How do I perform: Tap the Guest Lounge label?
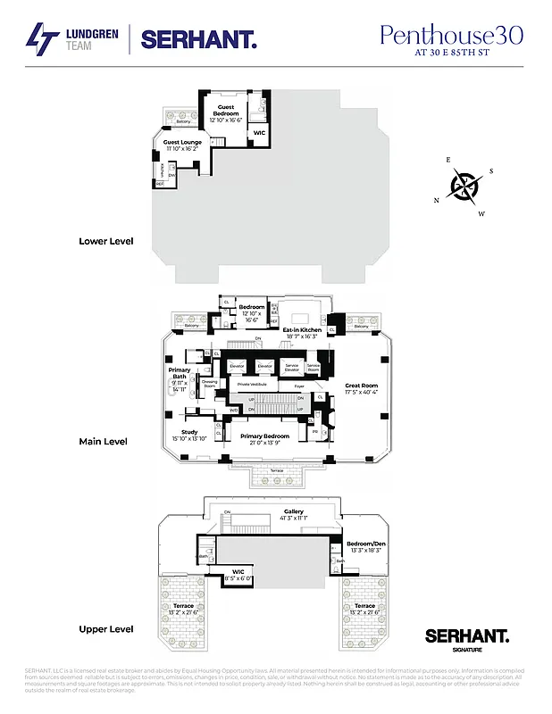tap(182, 142)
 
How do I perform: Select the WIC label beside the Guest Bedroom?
tap(259, 133)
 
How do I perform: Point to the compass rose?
tap(464, 187)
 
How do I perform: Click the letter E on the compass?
tap(448, 160)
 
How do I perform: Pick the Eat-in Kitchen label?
tap(302, 330)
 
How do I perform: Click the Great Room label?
tap(362, 386)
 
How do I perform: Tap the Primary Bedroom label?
tap(263, 436)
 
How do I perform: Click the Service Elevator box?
tap(291, 367)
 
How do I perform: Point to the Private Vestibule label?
tap(252, 384)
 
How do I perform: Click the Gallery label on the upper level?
tap(294, 512)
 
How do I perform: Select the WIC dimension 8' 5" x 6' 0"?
tap(238, 577)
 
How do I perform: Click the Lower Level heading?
tap(105, 241)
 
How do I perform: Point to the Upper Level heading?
tap(105, 629)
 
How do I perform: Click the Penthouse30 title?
tap(451, 35)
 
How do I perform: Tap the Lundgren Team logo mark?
tap(40, 39)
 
